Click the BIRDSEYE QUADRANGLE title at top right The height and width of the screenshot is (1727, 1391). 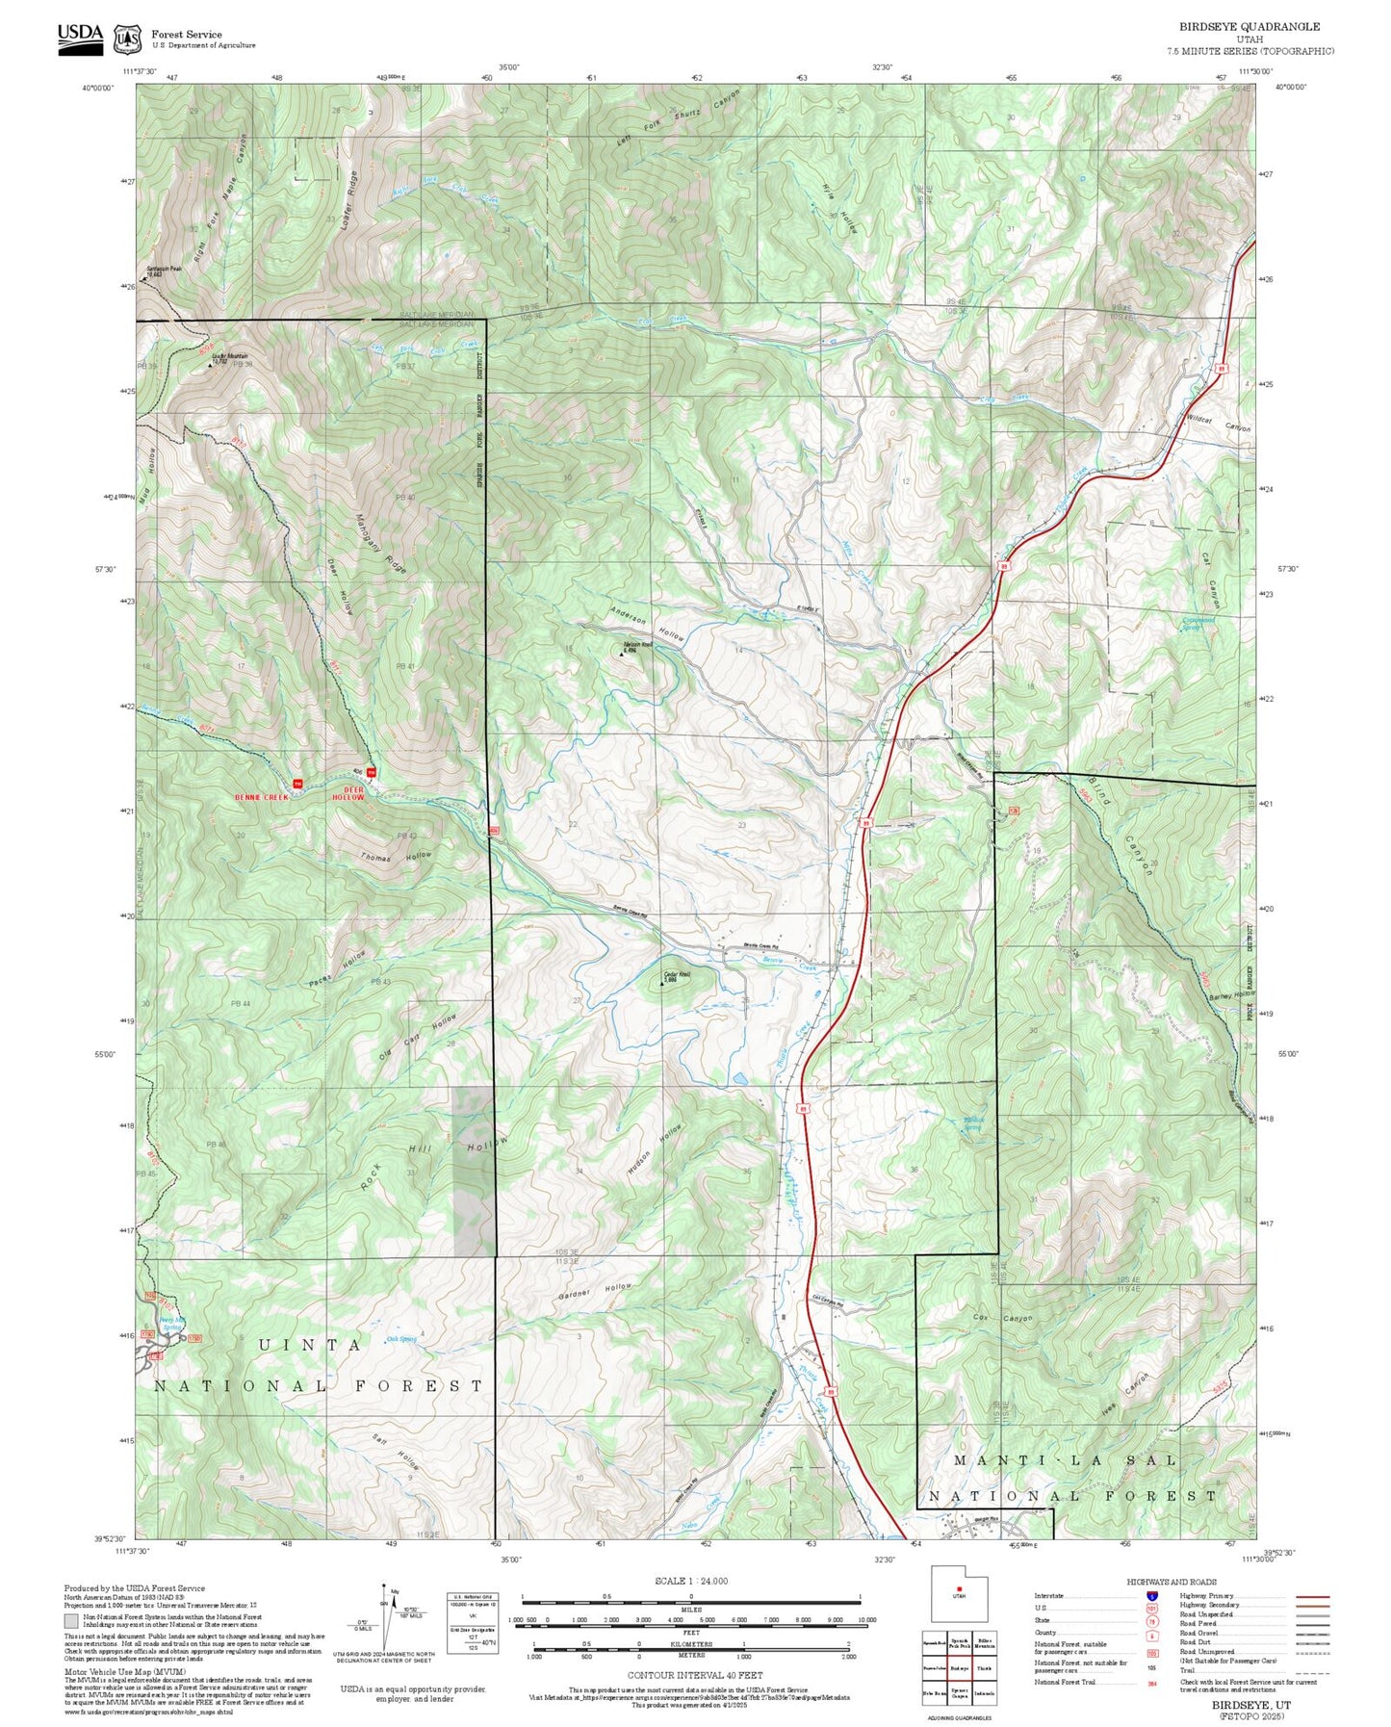[x=1249, y=27]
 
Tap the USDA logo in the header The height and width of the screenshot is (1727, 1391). [x=80, y=37]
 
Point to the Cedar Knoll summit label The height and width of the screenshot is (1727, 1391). [x=678, y=976]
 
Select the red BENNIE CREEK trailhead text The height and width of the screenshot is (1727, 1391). [x=261, y=797]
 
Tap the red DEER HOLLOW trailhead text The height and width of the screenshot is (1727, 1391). [x=348, y=793]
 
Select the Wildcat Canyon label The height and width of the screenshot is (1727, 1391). [x=1219, y=423]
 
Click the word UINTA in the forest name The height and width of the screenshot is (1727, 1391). [x=310, y=1345]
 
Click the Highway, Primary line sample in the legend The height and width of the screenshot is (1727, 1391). [x=1312, y=1596]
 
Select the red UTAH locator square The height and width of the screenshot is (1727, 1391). [x=959, y=1588]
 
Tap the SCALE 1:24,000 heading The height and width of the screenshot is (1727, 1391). [x=690, y=1581]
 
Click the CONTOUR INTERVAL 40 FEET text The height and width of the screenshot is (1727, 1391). [x=694, y=1675]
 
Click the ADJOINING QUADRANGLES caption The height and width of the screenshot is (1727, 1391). [x=959, y=1717]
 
